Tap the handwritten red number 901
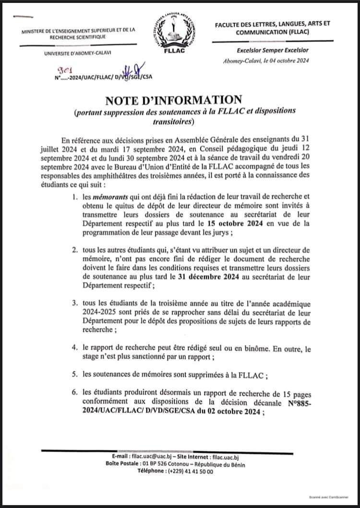[x=64, y=69]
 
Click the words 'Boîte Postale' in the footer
[x=120, y=464]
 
